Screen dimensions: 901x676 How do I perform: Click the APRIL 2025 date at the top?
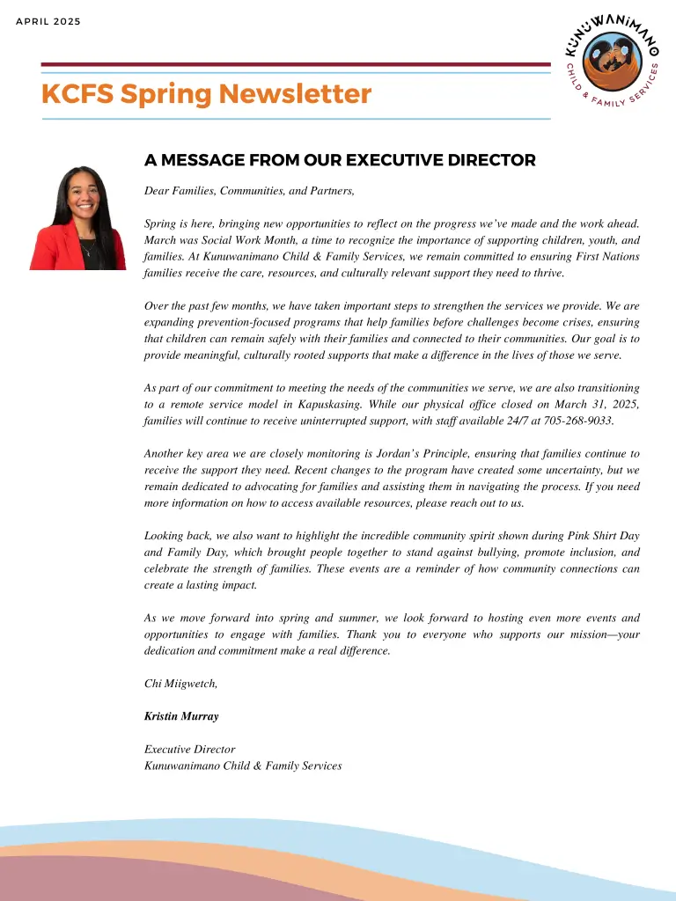48,21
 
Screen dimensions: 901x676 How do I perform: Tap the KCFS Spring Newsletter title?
206,94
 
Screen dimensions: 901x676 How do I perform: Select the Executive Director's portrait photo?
79,217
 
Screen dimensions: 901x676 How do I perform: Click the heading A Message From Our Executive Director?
340,160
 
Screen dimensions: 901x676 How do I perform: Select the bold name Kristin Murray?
181,716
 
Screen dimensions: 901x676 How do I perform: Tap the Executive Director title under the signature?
189,750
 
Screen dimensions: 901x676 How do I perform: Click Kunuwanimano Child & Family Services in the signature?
242,766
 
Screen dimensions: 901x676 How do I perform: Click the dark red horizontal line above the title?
296,64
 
